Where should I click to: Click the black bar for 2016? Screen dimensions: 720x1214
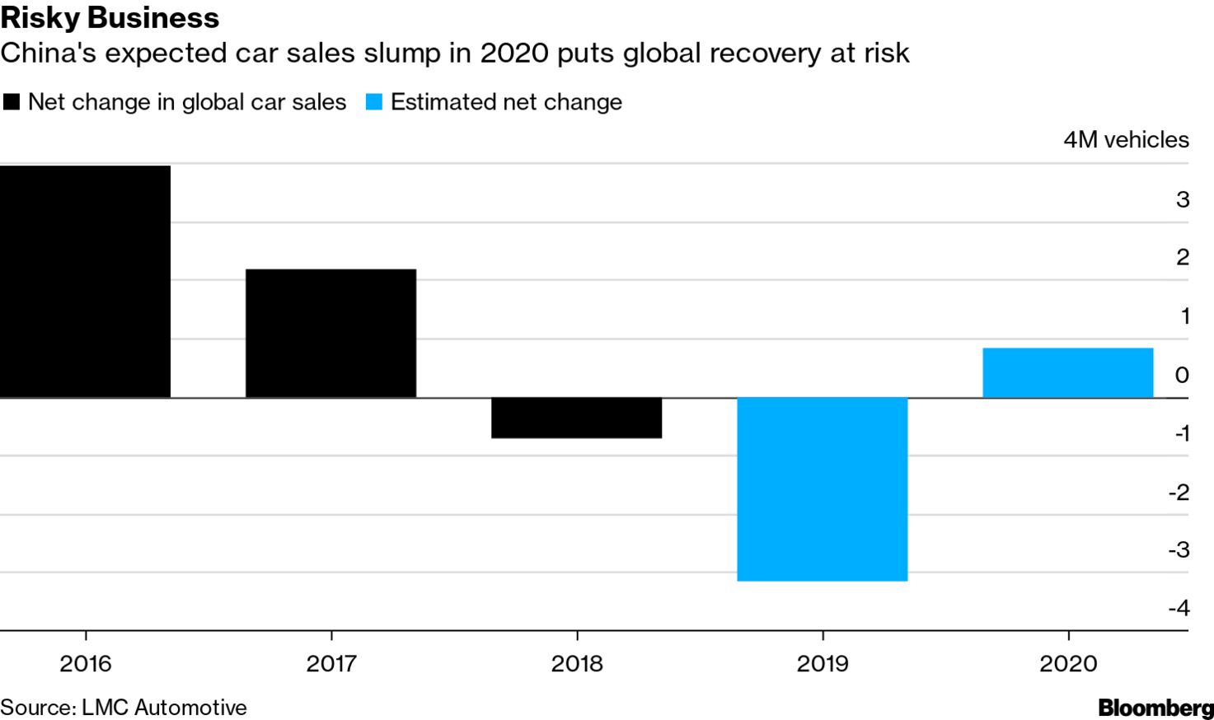pos(85,282)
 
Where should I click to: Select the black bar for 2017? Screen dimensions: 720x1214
pos(330,333)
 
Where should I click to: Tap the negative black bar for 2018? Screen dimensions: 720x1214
pos(576,418)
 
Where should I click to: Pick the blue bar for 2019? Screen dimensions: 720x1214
pos(822,489)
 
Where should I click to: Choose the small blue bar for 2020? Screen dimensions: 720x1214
pos(1067,372)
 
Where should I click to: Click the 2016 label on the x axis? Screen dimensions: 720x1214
pos(85,663)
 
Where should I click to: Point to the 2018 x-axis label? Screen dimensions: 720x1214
pos(577,663)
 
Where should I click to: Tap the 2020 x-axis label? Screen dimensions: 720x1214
pos(1068,663)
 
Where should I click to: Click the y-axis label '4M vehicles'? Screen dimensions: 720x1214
pos(1126,140)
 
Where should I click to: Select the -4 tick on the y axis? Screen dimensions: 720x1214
pos(1179,608)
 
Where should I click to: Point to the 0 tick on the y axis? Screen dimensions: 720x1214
pos(1182,376)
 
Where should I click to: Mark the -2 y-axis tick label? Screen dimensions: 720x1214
pos(1179,492)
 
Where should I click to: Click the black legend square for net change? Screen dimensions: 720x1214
pos(12,102)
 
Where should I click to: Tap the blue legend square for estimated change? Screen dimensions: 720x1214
pos(374,102)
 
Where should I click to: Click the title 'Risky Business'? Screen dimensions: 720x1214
pos(110,18)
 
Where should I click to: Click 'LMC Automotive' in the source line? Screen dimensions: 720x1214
pos(164,708)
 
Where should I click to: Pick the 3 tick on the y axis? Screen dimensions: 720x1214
pos(1183,199)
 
